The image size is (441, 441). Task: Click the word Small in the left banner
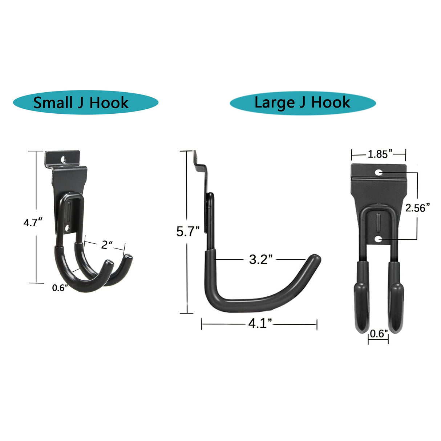click(x=53, y=103)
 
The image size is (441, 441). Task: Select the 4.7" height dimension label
click(x=33, y=222)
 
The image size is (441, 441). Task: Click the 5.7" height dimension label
click(x=188, y=231)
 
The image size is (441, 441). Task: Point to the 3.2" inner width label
click(x=261, y=260)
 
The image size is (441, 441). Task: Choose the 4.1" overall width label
click(x=260, y=324)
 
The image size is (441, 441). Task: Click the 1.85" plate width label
click(x=380, y=154)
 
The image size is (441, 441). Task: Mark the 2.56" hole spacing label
click(x=417, y=208)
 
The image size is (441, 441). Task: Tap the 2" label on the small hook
click(x=106, y=245)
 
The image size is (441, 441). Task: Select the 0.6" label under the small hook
click(x=60, y=288)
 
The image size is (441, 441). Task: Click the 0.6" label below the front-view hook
click(x=379, y=333)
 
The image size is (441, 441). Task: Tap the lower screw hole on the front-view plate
click(x=379, y=239)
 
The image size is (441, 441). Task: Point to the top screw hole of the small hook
click(x=64, y=159)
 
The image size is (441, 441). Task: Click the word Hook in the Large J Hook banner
click(x=331, y=102)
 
